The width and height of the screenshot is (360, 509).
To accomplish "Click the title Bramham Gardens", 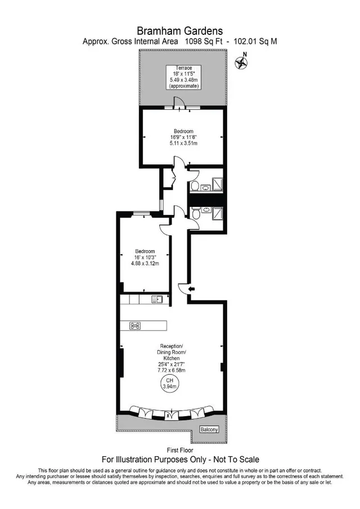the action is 180,31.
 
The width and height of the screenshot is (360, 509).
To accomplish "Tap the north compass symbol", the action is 241,62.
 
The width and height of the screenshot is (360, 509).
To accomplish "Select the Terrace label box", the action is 183,77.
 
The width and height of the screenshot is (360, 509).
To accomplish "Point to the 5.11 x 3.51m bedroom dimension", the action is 183,143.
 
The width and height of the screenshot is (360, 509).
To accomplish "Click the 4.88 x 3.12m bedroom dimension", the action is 145,264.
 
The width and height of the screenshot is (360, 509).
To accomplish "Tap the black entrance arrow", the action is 191,289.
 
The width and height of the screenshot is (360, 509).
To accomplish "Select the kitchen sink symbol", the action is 157,299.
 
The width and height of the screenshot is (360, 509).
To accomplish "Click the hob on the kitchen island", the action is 134,325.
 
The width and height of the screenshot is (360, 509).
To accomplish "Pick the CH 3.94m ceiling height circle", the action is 170,384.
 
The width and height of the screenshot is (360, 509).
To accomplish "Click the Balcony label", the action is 209,430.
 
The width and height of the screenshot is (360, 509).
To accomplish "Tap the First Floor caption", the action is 180,451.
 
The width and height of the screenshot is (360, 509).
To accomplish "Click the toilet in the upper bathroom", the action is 195,186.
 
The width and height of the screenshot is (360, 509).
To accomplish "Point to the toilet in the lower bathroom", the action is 195,213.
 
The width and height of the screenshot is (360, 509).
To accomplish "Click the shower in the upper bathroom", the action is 218,184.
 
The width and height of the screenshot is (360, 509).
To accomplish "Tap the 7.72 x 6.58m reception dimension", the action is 171,370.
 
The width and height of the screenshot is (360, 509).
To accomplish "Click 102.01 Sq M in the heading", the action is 255,42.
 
